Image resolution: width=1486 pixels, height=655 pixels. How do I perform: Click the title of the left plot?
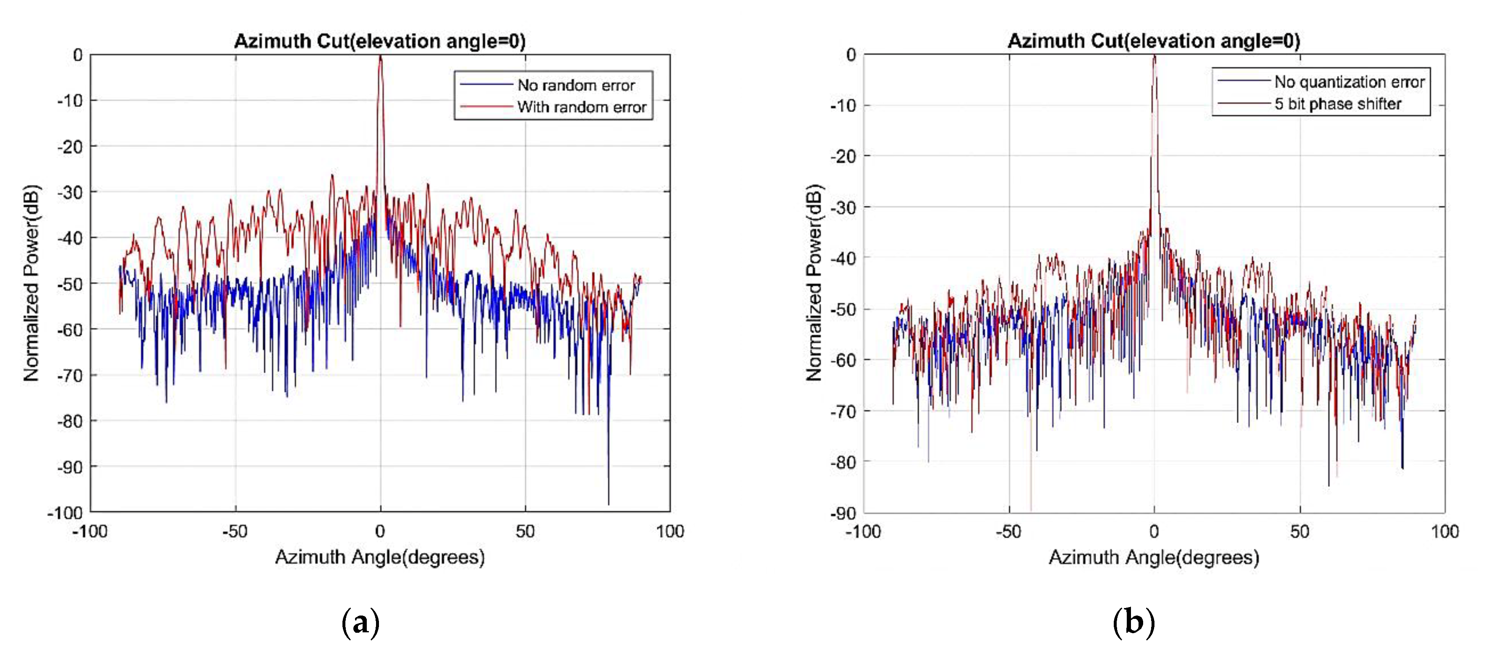379,41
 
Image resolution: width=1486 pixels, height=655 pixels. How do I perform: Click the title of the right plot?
1154,41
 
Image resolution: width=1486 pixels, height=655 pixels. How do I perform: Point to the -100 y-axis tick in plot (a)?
65,513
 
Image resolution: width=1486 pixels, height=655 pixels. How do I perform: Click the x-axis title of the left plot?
379,558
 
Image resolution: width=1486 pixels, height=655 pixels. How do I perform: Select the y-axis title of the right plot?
814,283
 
